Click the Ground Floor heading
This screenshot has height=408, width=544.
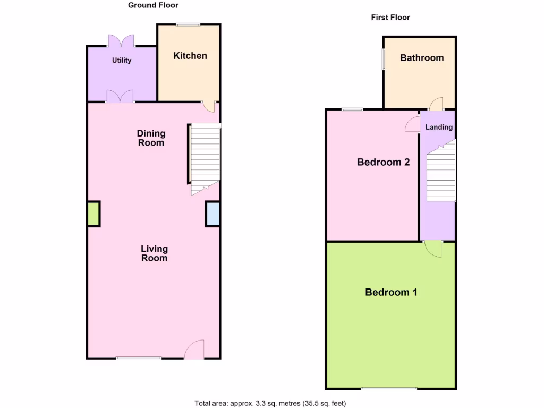click(153, 5)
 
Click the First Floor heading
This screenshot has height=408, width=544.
click(390, 18)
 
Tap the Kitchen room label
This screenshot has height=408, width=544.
click(190, 56)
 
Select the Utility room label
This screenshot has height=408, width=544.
click(121, 61)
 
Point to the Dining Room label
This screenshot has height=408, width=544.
click(151, 138)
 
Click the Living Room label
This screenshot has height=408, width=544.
click(154, 253)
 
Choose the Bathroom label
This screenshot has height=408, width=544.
click(422, 58)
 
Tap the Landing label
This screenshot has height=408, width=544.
click(439, 127)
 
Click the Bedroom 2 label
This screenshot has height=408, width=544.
click(383, 163)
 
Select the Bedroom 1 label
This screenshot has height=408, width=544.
click(391, 292)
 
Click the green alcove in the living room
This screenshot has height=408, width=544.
click(93, 214)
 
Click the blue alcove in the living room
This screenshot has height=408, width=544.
click(212, 214)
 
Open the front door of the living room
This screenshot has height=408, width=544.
click(194, 351)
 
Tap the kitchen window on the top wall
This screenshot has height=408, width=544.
click(189, 24)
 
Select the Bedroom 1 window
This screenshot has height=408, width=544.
click(389, 388)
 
